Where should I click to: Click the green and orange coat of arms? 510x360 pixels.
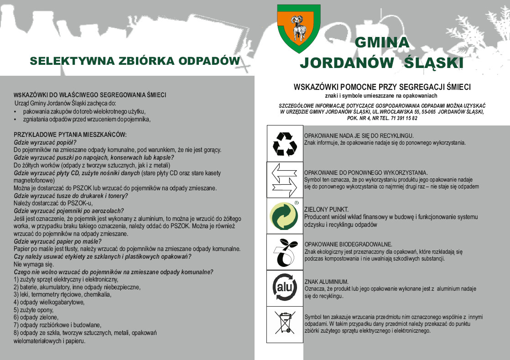(x=299, y=28)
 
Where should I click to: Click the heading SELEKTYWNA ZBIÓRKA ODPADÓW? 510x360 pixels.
(x=135, y=61)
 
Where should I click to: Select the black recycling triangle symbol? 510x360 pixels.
(x=285, y=143)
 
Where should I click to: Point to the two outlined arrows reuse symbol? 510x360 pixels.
(x=285, y=179)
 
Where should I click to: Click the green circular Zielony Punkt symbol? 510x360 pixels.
(x=285, y=216)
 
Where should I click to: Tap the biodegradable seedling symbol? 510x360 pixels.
(x=285, y=252)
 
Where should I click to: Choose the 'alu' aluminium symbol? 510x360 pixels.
(x=285, y=288)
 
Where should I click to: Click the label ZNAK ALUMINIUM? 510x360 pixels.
(x=326, y=282)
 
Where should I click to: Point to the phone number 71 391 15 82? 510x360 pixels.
(x=401, y=118)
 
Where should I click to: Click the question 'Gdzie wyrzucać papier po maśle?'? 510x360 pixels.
(x=57, y=241)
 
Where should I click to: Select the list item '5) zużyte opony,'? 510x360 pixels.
(x=33, y=309)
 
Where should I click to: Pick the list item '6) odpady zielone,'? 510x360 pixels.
(x=36, y=317)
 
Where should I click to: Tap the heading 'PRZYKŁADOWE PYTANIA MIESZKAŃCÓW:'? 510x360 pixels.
(x=70, y=135)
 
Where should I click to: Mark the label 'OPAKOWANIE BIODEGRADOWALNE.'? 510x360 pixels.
(x=348, y=245)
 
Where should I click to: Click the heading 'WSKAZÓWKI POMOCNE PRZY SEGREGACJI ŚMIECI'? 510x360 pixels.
(x=382, y=87)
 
